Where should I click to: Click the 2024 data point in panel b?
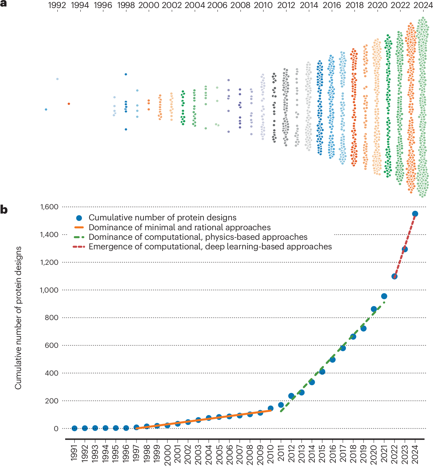click(x=415, y=214)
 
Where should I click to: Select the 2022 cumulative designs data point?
click(x=394, y=277)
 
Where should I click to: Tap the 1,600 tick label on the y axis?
click(x=49, y=207)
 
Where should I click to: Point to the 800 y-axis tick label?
click(x=52, y=318)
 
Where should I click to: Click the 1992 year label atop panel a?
click(x=57, y=5)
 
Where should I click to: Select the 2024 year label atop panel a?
click(x=423, y=5)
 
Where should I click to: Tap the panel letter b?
click(x=4, y=210)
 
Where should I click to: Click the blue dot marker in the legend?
click(x=79, y=218)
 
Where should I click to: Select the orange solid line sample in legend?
click(x=79, y=227)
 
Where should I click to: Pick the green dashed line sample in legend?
click(x=79, y=237)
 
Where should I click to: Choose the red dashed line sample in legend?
click(x=79, y=247)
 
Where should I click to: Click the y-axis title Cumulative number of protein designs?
click(x=18, y=318)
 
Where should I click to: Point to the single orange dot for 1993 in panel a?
click(x=69, y=104)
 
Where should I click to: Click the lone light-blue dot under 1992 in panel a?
click(x=57, y=79)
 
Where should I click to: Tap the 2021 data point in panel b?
click(x=384, y=296)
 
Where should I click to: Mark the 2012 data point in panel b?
click(x=291, y=396)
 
